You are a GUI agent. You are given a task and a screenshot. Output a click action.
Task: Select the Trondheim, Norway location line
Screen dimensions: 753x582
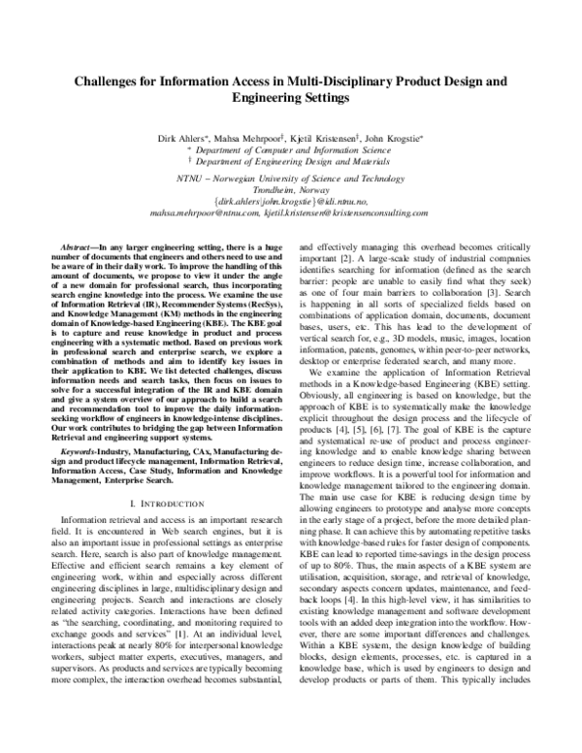(290, 191)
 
